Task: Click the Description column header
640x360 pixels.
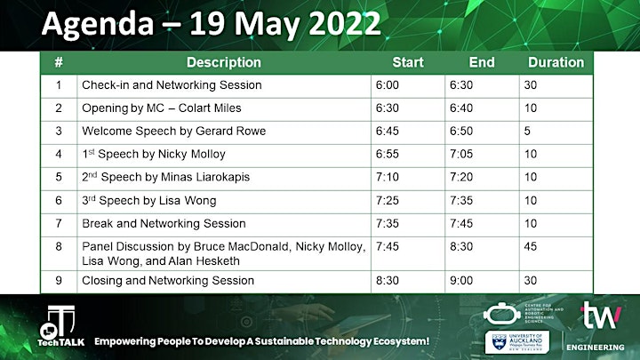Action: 224,62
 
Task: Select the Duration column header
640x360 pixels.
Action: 556,62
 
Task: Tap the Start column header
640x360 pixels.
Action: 408,62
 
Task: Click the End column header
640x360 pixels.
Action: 482,62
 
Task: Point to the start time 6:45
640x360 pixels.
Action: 388,131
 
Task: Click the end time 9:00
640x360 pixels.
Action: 461,280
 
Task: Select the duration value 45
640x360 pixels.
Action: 531,246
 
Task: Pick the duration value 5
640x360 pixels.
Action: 527,131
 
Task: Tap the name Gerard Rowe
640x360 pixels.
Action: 230,131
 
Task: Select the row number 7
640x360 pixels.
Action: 59,224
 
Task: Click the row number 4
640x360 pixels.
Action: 59,155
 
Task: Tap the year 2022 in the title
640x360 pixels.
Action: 345,24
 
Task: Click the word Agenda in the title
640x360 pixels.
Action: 98,24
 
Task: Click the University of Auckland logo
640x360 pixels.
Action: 517,342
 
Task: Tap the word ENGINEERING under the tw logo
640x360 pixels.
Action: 595,348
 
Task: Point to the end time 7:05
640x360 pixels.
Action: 461,155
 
